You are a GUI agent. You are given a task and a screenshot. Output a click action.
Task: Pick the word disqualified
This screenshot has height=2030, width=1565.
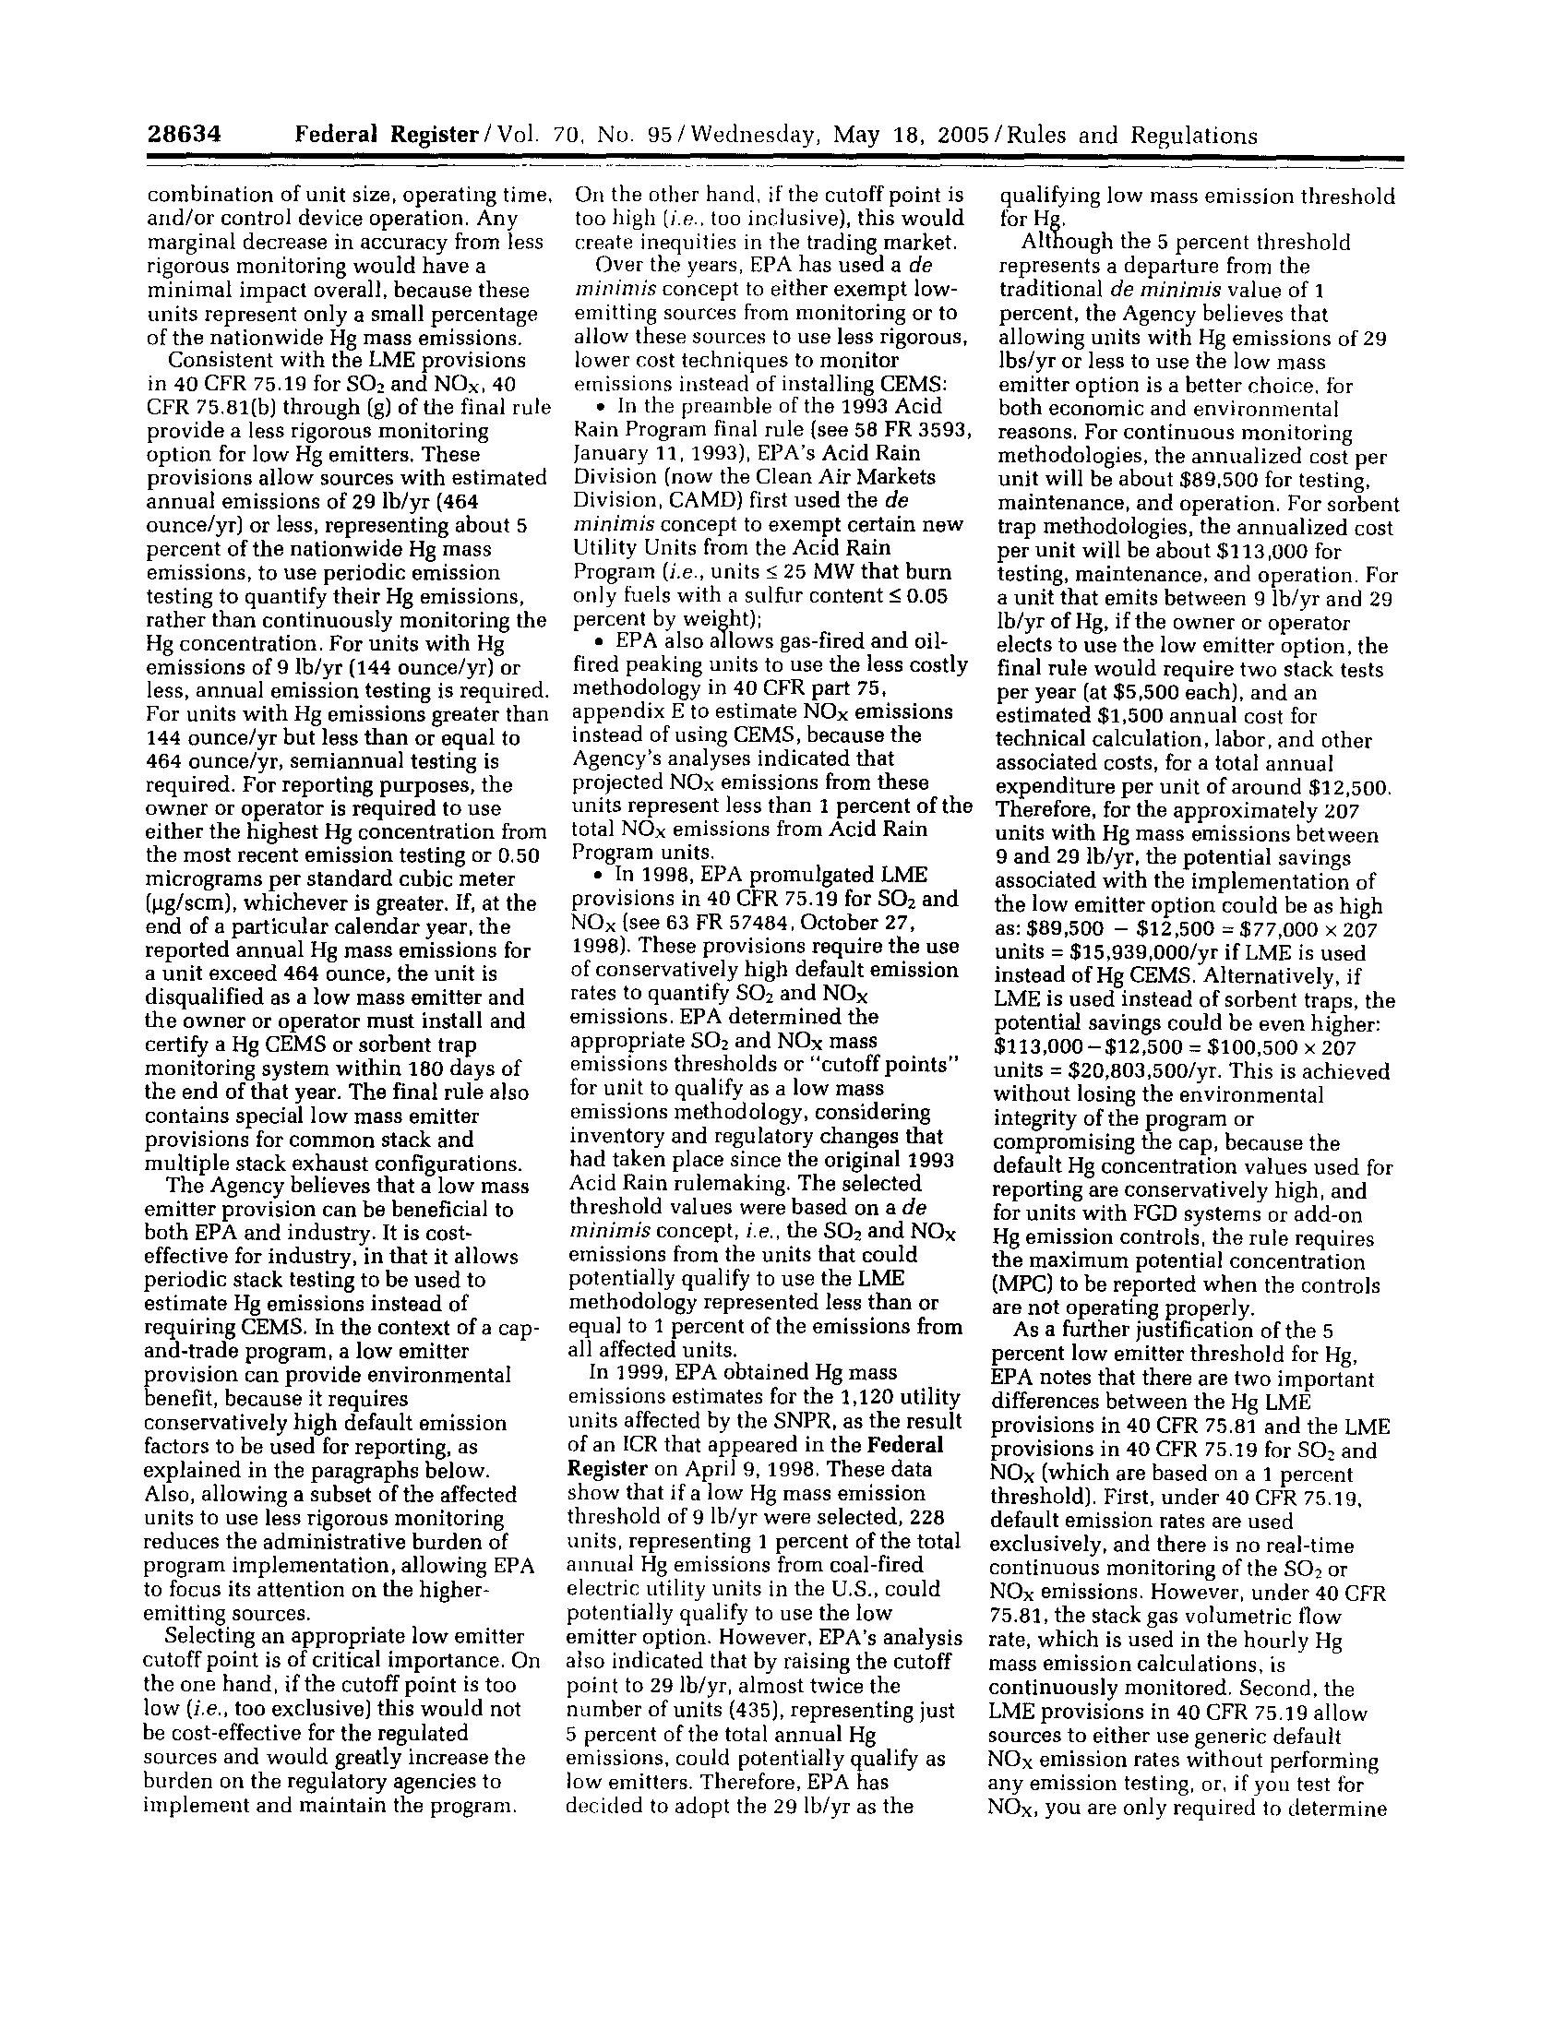pos(207,997)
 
